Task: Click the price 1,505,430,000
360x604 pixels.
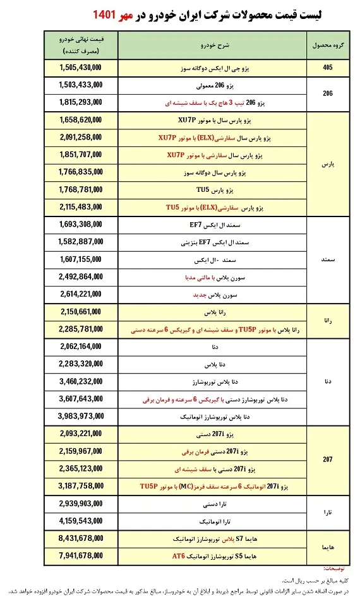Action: tap(81, 68)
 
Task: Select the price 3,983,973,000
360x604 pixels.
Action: tap(81, 416)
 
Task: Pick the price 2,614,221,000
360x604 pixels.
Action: tap(81, 294)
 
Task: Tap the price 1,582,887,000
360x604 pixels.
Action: tap(81, 242)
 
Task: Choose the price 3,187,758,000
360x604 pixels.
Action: tap(81, 486)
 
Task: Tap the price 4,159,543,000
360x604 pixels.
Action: tap(81, 521)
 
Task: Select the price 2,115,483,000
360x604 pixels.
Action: tap(81, 206)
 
